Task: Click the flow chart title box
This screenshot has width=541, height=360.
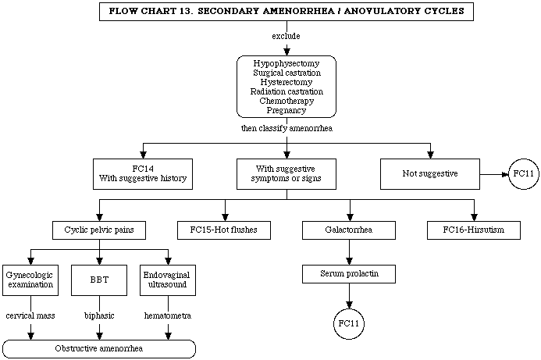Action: click(287, 12)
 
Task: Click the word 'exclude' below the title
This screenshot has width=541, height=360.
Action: click(286, 36)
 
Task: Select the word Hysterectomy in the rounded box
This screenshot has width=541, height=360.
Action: click(287, 82)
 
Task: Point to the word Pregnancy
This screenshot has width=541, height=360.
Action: click(287, 110)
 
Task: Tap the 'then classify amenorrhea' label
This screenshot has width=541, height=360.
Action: click(287, 128)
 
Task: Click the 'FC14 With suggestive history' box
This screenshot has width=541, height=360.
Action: click(143, 174)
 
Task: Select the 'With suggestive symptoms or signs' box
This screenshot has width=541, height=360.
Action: click(287, 174)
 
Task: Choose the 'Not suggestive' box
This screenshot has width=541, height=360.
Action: click(430, 174)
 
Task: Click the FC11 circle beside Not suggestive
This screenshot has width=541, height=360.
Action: click(523, 174)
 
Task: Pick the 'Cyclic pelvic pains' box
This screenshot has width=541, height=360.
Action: click(99, 230)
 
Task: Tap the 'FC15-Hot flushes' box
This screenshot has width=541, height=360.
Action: click(224, 230)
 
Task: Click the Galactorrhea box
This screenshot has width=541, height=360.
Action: click(349, 230)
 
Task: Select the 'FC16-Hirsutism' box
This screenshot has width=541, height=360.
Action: click(474, 230)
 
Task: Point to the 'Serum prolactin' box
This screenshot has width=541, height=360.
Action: click(349, 274)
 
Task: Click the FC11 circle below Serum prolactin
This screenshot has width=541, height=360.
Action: click(349, 324)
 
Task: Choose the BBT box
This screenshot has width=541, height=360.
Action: click(99, 280)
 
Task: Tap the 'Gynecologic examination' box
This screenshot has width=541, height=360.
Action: click(30, 280)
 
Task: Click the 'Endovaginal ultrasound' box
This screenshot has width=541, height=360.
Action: click(168, 280)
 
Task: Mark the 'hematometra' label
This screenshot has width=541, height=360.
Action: click(168, 315)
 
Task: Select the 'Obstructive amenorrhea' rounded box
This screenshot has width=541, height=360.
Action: click(99, 349)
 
